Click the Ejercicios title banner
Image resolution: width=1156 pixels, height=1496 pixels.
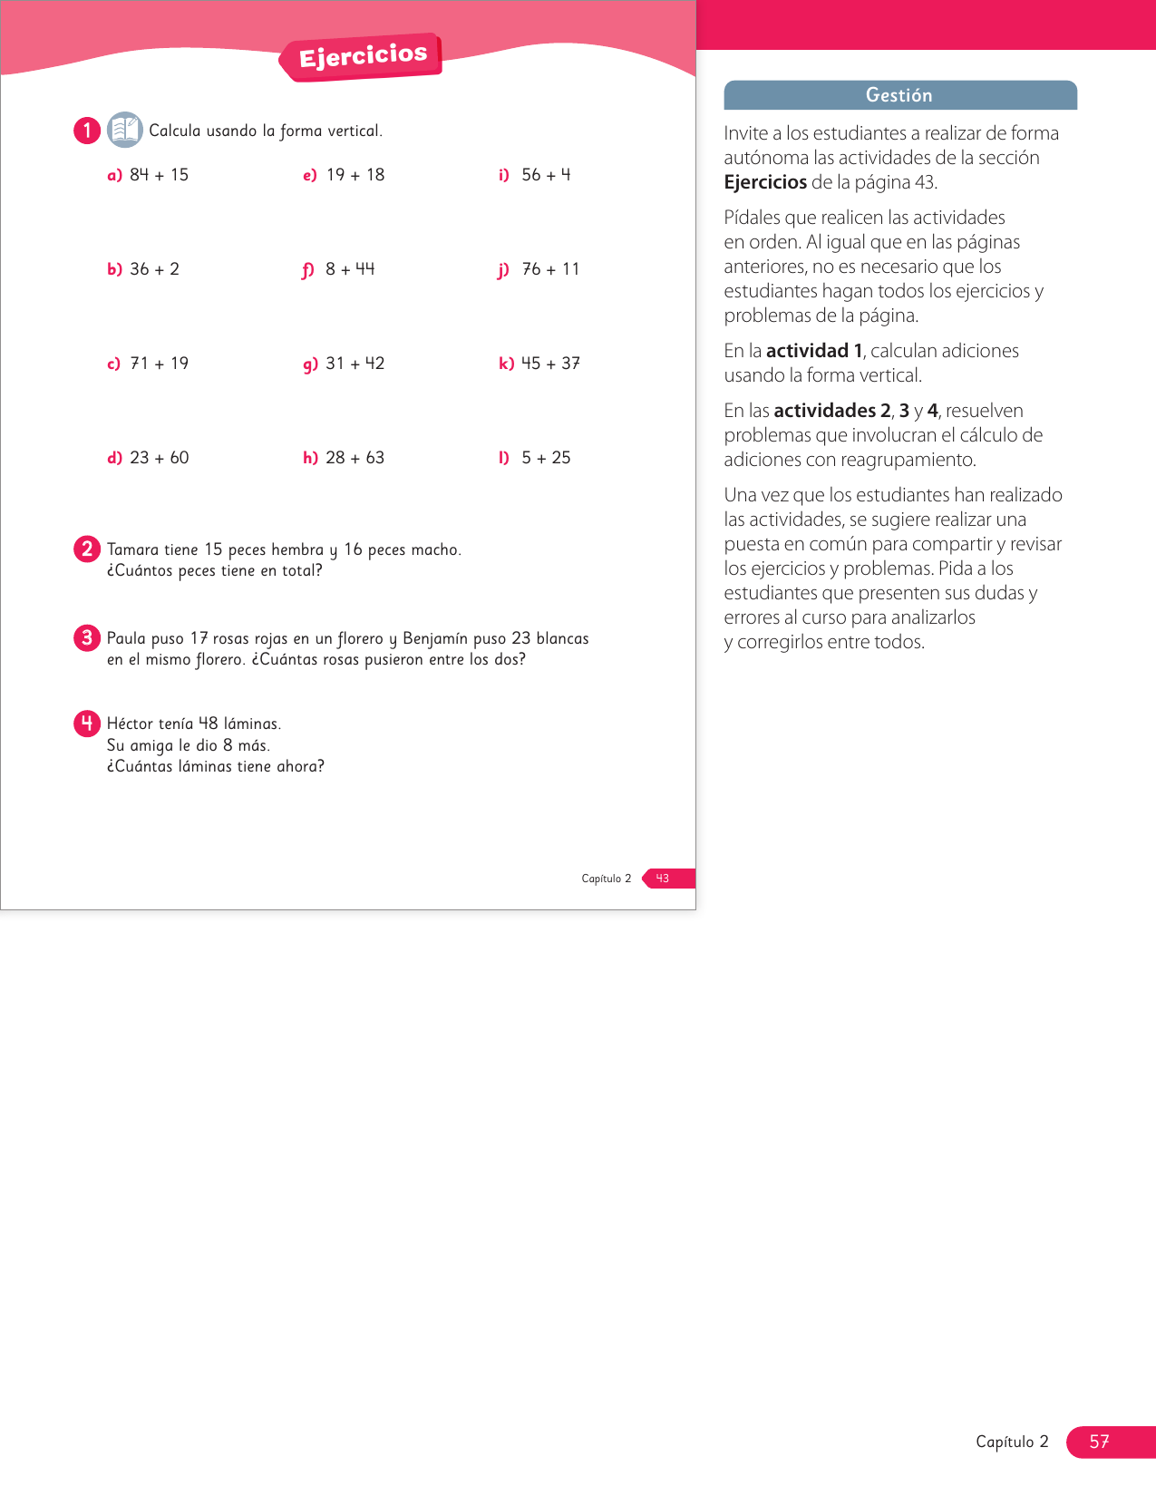(x=363, y=56)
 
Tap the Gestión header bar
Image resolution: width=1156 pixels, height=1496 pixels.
(x=899, y=95)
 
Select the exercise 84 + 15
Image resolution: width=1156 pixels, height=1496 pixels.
(x=159, y=175)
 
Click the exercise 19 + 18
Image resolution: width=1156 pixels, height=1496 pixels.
(x=355, y=175)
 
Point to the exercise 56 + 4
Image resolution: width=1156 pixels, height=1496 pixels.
(x=546, y=175)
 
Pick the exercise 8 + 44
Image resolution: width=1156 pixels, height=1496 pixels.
(x=350, y=269)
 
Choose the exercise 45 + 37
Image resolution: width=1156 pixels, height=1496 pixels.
(x=550, y=364)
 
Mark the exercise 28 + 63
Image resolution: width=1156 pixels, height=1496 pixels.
(x=355, y=458)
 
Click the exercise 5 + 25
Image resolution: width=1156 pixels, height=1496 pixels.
(x=546, y=458)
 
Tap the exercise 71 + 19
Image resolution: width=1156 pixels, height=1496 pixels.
(x=159, y=364)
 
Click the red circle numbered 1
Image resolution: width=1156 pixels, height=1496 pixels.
(x=87, y=131)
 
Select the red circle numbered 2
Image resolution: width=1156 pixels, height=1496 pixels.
(x=87, y=549)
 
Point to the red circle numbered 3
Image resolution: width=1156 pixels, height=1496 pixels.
(x=87, y=637)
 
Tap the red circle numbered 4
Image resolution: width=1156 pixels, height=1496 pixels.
(x=87, y=723)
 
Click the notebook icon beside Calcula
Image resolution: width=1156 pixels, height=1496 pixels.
(x=124, y=130)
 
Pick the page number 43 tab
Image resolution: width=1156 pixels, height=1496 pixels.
(x=667, y=879)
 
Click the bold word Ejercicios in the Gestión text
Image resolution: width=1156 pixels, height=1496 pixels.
(x=764, y=182)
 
